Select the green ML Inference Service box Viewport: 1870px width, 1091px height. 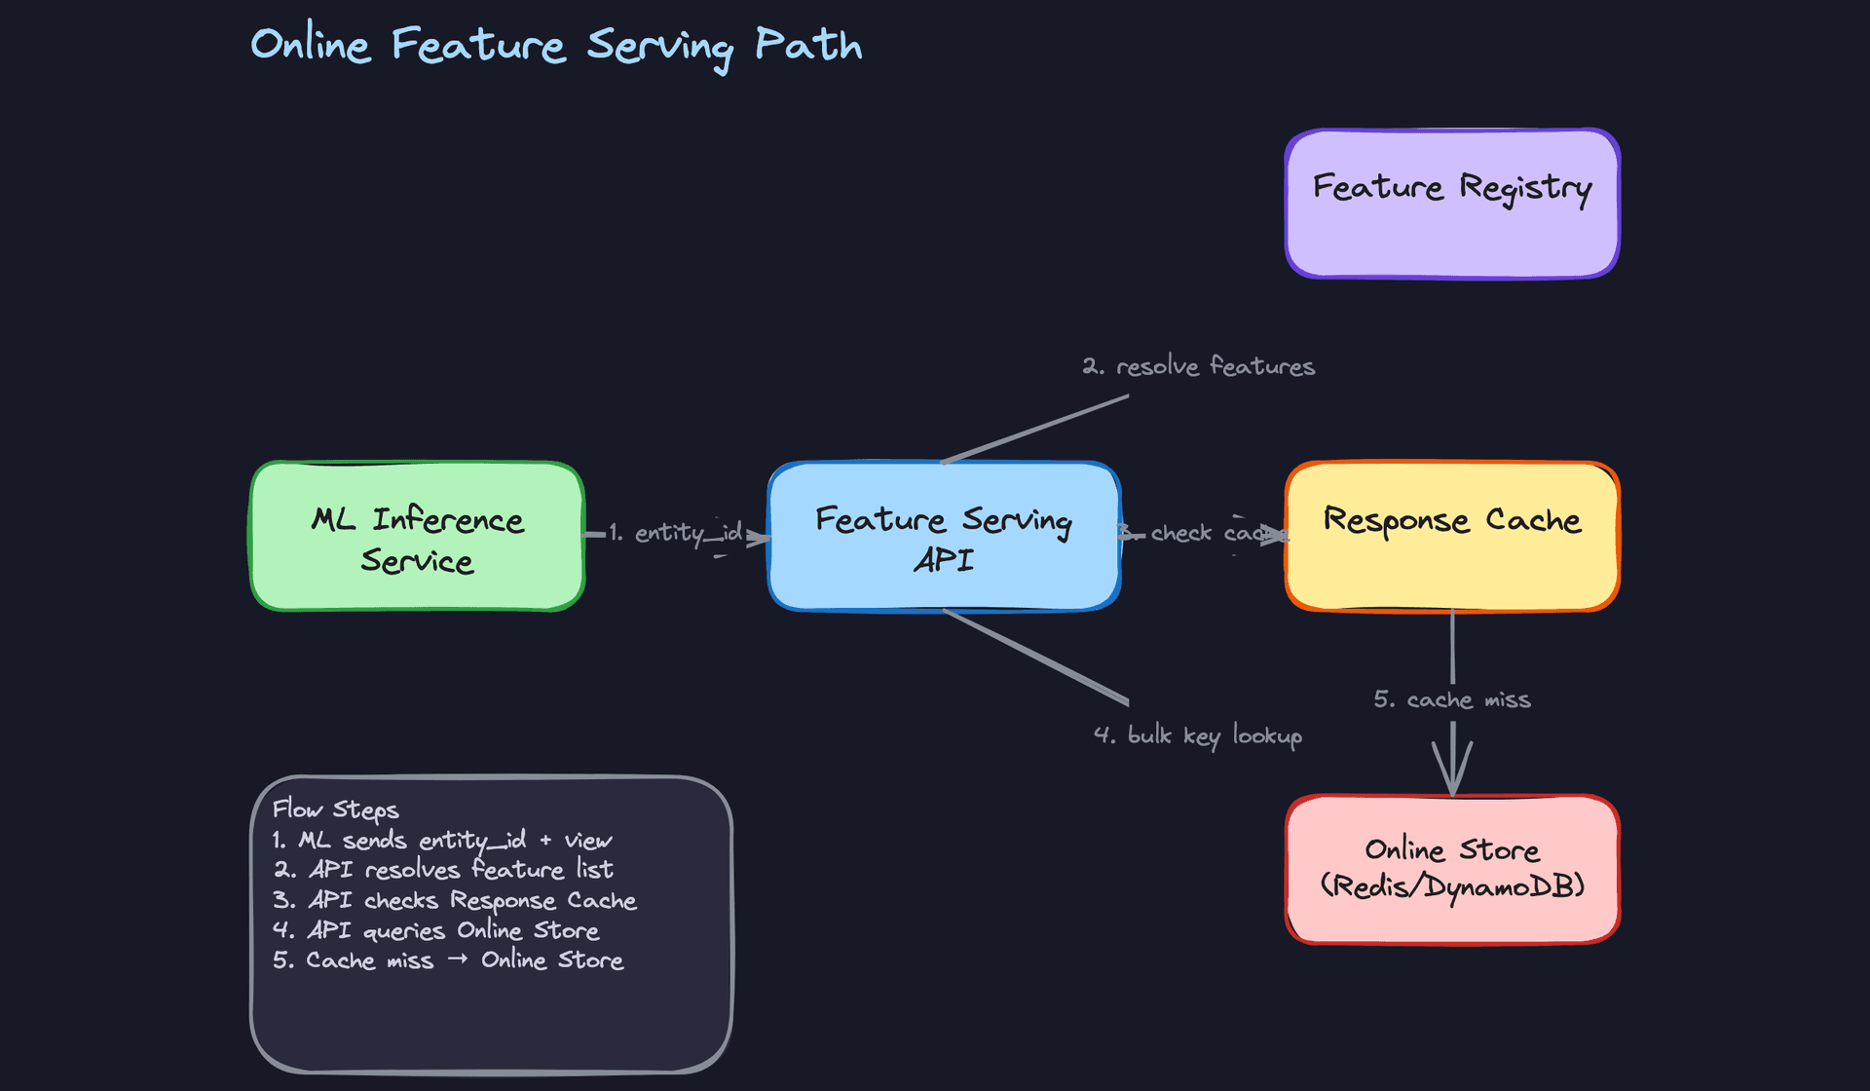click(x=417, y=538)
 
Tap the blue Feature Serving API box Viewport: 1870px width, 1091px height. click(x=943, y=538)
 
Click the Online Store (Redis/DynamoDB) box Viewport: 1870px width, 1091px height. click(x=1451, y=869)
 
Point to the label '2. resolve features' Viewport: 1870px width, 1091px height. click(x=1198, y=366)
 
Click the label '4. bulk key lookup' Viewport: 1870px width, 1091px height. click(x=1198, y=735)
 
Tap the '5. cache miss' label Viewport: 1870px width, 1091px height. click(x=1451, y=699)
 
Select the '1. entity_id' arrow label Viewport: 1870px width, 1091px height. click(x=676, y=533)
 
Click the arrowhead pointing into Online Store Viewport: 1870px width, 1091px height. click(x=1452, y=774)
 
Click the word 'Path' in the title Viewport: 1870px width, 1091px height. click(x=808, y=45)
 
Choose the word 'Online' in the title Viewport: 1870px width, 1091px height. click(x=311, y=45)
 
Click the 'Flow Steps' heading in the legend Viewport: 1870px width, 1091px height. click(x=335, y=809)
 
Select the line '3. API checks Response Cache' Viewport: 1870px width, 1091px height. click(x=454, y=900)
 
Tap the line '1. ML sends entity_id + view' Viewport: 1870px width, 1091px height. click(x=442, y=840)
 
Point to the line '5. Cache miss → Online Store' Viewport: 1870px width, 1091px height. click(x=448, y=960)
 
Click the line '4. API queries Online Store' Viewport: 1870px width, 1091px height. click(x=435, y=930)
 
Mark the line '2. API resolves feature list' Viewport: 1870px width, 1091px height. click(x=443, y=870)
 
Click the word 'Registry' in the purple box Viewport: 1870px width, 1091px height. click(x=1525, y=188)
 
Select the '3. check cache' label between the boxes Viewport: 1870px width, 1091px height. click(x=1204, y=533)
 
